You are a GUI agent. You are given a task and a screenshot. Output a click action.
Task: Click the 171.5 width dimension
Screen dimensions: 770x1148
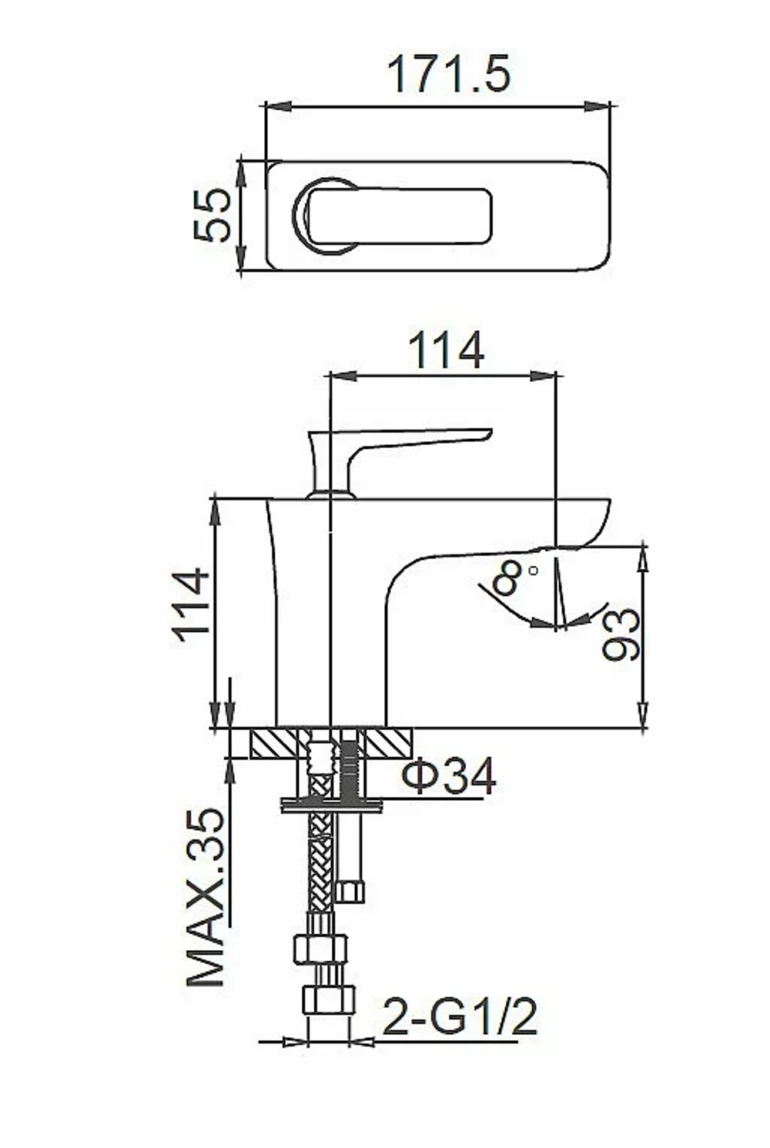click(x=450, y=75)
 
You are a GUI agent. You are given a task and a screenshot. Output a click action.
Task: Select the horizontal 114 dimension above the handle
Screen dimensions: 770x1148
click(x=446, y=350)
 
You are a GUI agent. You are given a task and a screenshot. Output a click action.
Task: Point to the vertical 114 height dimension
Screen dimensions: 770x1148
click(x=192, y=604)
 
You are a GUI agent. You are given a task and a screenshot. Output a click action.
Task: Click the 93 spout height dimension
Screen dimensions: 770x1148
click(x=621, y=634)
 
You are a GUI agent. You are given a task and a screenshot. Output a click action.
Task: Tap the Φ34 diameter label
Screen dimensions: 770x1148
click(x=449, y=776)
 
